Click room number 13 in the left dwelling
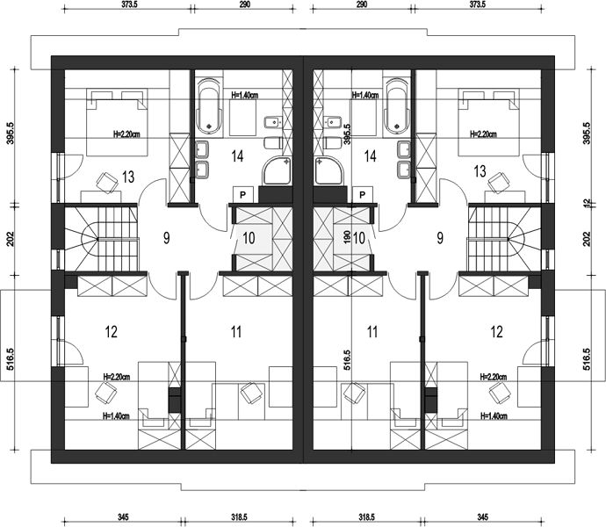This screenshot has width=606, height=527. pos(128,177)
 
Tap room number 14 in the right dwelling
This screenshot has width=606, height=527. pos(371,156)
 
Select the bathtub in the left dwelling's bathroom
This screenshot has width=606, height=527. pos(209,104)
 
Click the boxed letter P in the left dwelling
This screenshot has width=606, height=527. pos(243,194)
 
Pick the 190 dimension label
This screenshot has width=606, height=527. pos(347,236)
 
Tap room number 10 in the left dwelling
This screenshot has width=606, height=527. pos(249,238)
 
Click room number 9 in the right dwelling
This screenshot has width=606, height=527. pos(440,238)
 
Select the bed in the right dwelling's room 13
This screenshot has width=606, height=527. pos(488,123)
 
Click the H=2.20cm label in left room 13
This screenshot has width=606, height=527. pos(126,134)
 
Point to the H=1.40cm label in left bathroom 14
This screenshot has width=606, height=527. pos(245,95)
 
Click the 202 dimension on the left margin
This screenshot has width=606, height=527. pos(10,239)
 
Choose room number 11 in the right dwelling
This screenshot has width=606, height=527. pos(372,332)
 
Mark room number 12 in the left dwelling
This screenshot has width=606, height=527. pos(112,332)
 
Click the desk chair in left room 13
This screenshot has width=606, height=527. pos(106,182)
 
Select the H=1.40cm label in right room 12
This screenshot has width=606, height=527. pos(494,416)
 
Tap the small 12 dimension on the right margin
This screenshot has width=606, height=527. pos(586,202)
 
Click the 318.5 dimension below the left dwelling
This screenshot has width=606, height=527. pos(239,516)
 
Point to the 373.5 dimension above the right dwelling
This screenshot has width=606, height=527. pos(477,4)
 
